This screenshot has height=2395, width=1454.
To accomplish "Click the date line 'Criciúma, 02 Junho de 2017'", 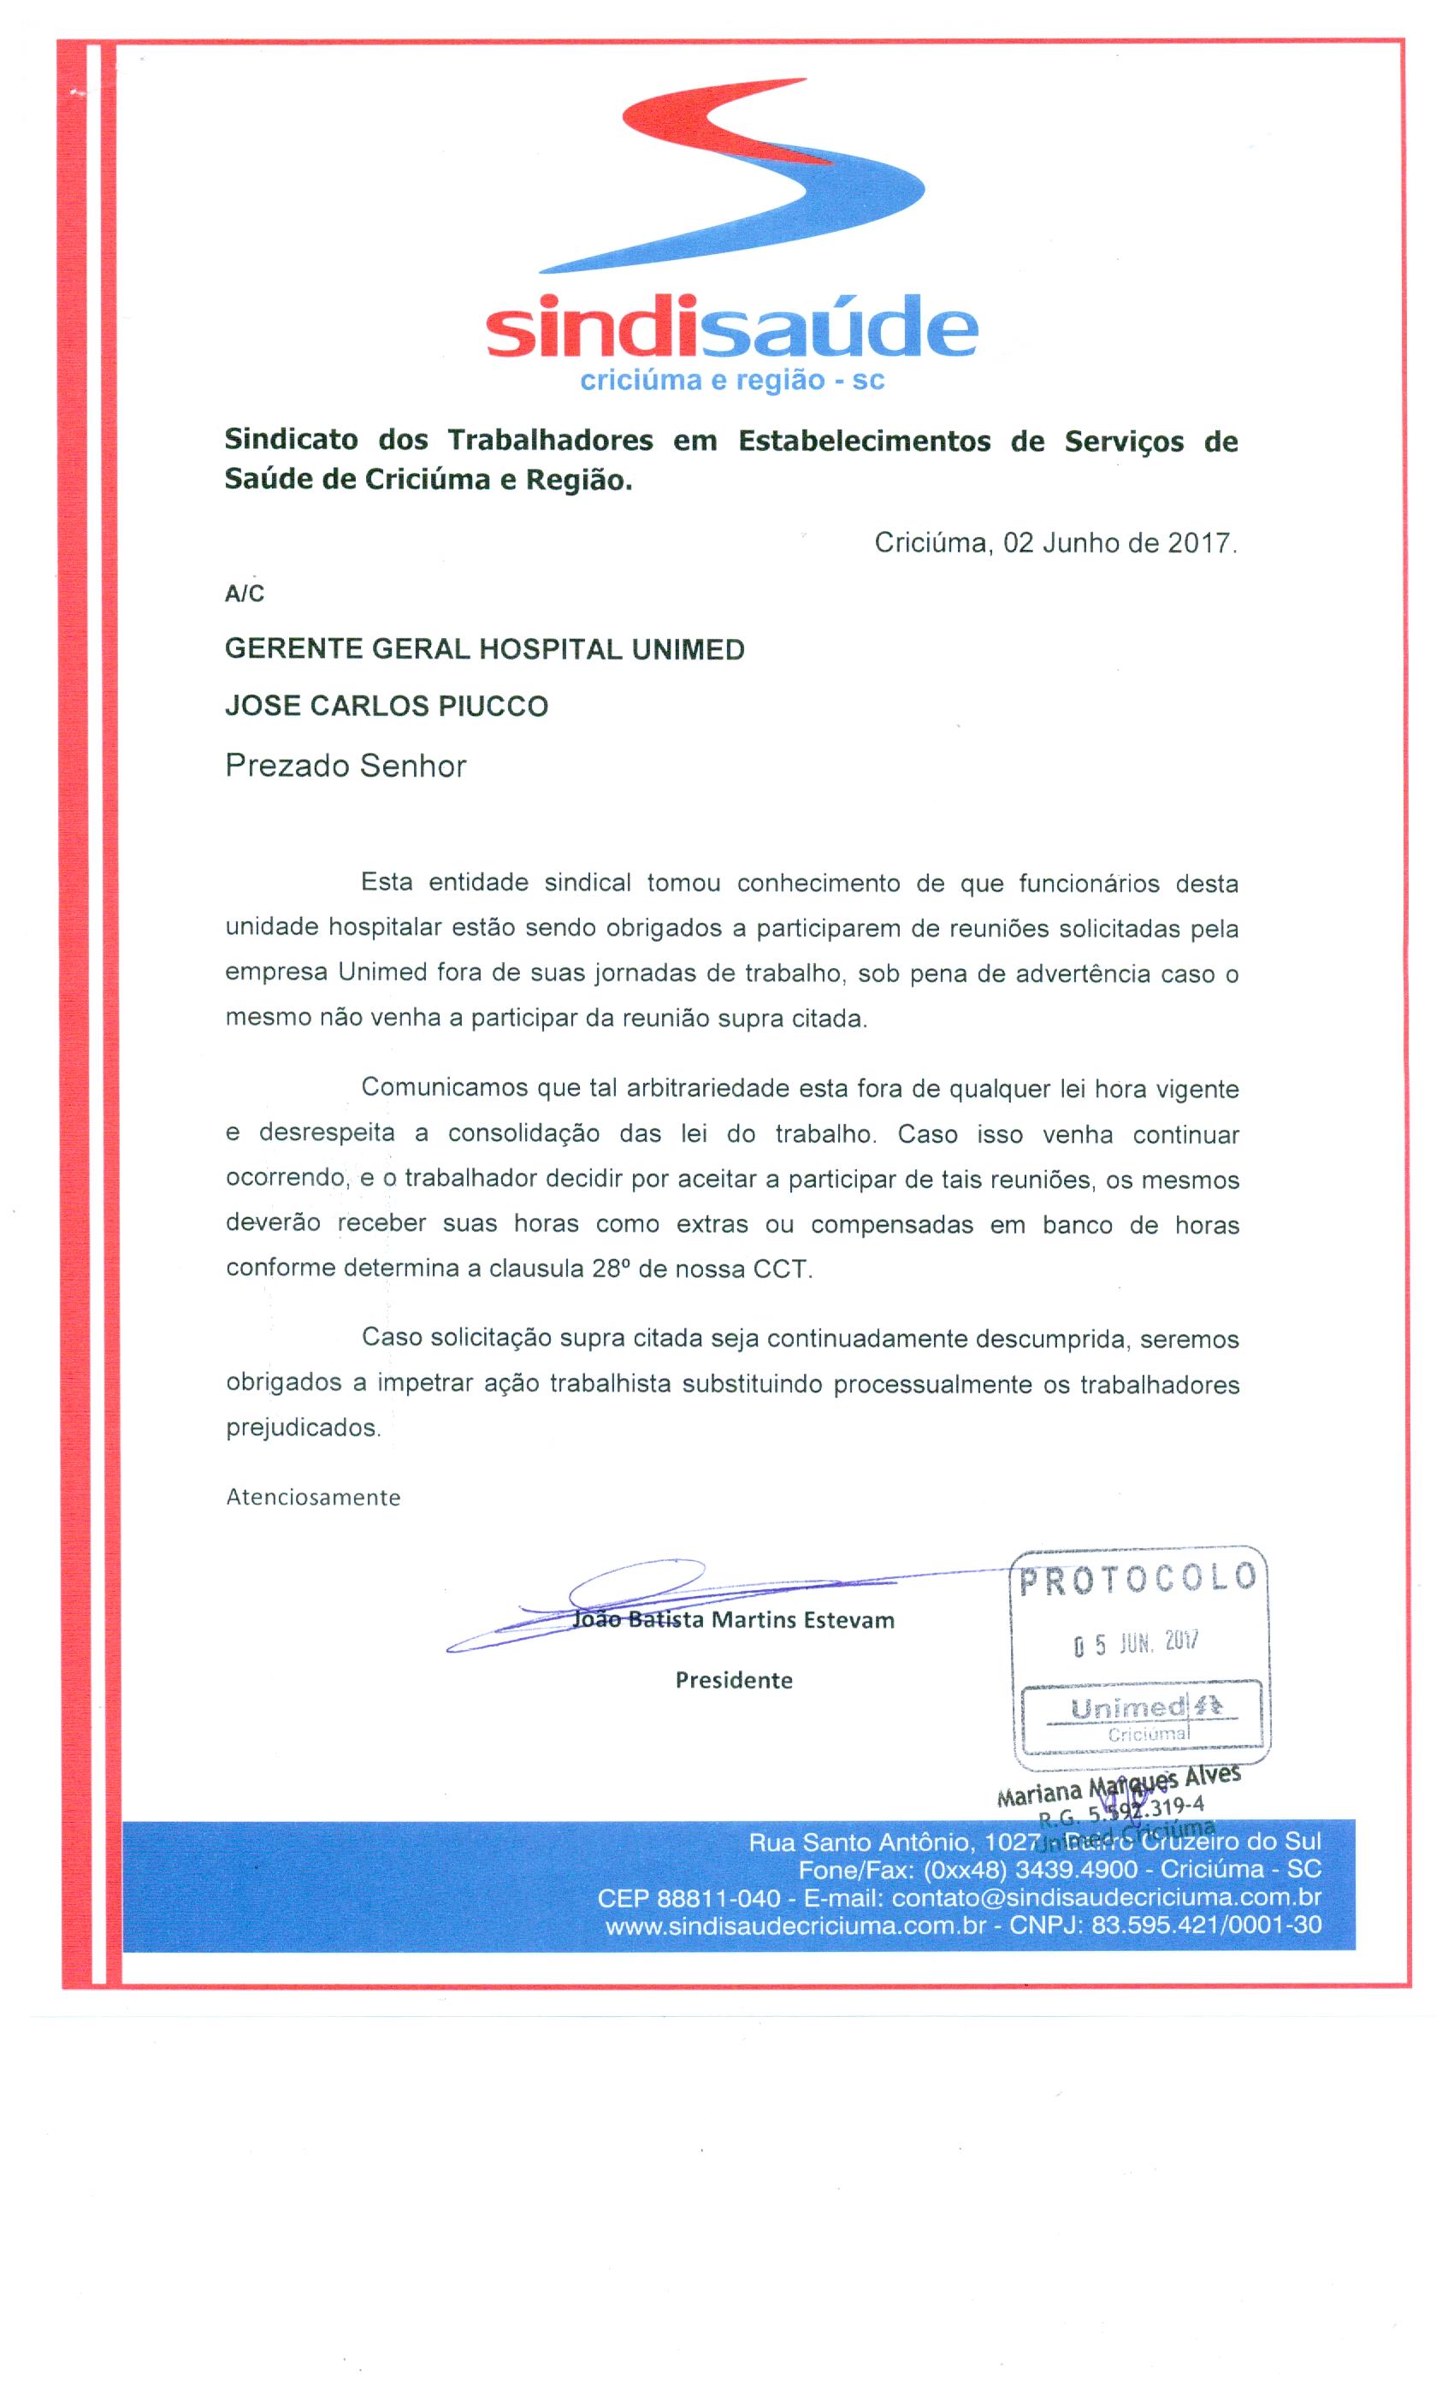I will (1055, 542).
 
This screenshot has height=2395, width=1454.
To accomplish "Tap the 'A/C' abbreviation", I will (244, 594).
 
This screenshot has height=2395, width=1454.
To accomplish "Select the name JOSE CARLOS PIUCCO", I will (386, 706).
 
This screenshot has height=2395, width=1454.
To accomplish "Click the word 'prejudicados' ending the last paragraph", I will (302, 1428).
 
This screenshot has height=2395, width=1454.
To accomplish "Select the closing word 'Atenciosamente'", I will (313, 1497).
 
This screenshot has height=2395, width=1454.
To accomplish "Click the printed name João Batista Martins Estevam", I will (734, 1619).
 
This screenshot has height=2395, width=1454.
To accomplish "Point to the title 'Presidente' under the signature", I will (734, 1680).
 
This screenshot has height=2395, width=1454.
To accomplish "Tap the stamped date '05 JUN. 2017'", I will (1136, 1644).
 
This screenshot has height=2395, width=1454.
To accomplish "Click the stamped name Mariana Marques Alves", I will (1118, 1787).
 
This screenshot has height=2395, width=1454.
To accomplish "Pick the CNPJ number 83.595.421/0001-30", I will (1206, 1925).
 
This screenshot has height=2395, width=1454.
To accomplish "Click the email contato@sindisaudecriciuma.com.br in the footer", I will (1106, 1897).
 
